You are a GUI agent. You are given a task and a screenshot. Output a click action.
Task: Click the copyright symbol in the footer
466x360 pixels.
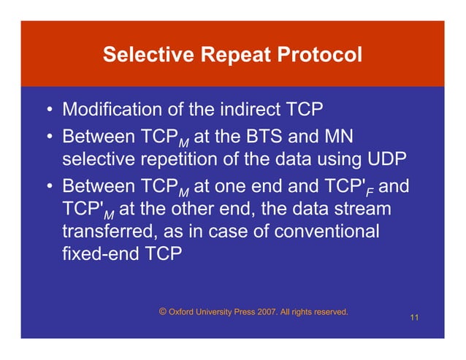[161, 312]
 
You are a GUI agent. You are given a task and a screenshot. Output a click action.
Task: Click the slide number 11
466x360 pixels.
[414, 318]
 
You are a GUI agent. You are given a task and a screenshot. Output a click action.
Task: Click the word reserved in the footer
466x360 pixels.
[329, 313]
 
